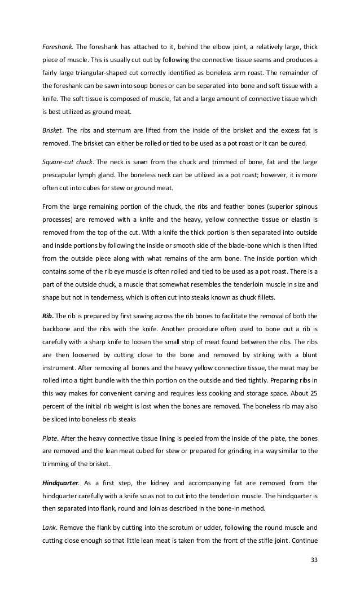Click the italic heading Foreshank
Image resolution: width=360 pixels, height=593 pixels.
(58, 46)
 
